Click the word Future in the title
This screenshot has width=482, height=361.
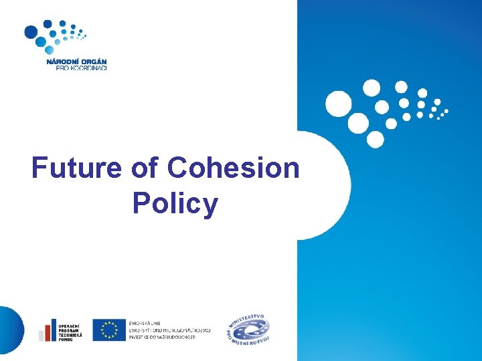(x=77, y=168)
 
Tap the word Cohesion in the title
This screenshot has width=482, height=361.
(x=233, y=168)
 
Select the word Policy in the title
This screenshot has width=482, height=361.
(x=175, y=204)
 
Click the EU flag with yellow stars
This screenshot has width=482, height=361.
(x=109, y=330)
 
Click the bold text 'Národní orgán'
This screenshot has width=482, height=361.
(x=76, y=61)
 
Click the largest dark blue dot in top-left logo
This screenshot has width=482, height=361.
(x=31, y=31)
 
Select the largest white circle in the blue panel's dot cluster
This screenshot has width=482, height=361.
(x=339, y=103)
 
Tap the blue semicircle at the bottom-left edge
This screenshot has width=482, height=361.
(x=9, y=331)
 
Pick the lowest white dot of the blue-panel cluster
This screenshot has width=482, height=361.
(x=375, y=139)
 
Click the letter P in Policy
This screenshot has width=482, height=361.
(x=142, y=203)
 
